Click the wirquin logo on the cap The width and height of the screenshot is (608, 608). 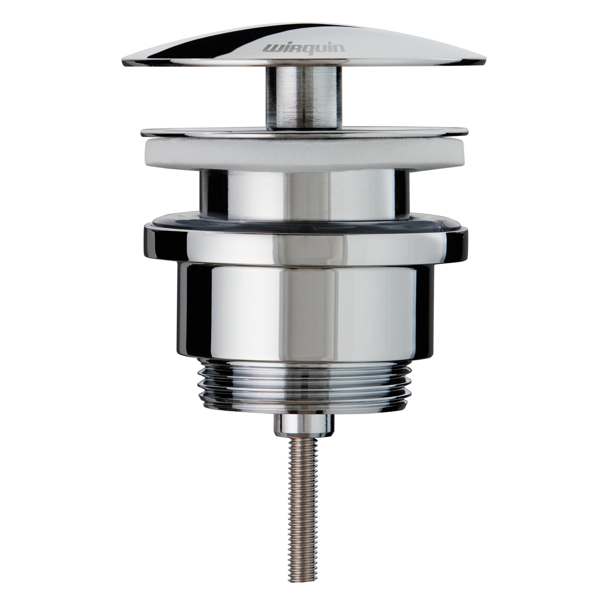click(303, 48)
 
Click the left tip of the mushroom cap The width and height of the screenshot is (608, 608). click(123, 60)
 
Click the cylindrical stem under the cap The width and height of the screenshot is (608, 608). click(303, 97)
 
